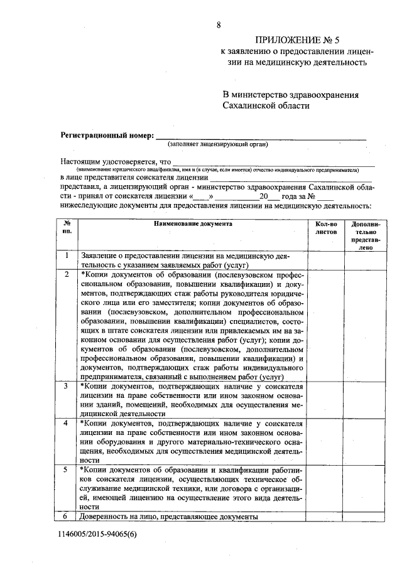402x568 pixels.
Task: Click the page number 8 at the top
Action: [219, 25]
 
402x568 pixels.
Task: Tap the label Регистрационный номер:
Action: [107, 135]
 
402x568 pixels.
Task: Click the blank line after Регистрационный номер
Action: [261, 136]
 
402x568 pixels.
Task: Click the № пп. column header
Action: [67, 227]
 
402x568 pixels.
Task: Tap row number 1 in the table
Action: [67, 256]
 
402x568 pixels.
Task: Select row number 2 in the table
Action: [67, 274]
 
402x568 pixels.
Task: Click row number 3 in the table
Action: [67, 385]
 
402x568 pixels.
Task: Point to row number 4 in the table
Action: [67, 423]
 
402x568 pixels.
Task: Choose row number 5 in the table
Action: [67, 469]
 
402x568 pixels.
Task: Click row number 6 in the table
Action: [67, 516]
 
